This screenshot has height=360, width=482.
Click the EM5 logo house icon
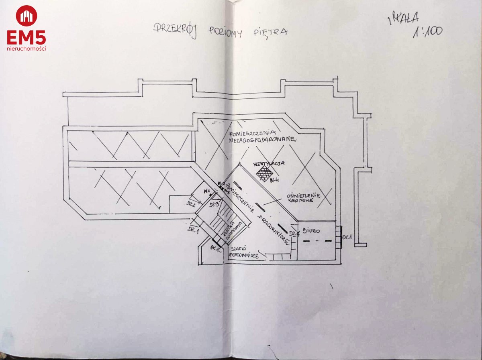point(27,16)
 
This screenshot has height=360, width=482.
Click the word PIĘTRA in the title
point(273,32)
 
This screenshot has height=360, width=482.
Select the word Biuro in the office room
point(311,231)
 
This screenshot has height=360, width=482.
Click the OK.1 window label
point(347,238)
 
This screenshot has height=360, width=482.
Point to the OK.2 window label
point(216,248)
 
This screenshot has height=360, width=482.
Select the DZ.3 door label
point(214,205)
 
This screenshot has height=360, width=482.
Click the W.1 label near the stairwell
point(208,191)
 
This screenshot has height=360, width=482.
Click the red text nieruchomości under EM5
point(27,49)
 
